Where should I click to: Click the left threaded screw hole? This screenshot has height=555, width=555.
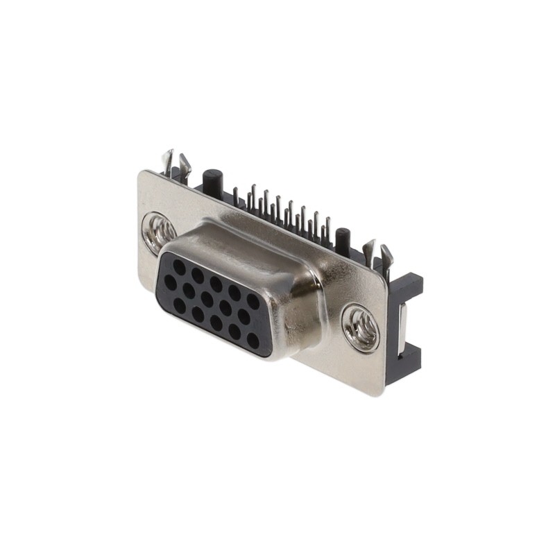pos(159,229)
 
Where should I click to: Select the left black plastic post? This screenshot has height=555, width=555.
pos(212,180)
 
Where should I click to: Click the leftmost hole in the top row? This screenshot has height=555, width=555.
pos(179,266)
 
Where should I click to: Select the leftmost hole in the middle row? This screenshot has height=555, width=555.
pos(170,282)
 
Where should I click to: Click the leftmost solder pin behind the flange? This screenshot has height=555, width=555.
pos(236,197)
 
